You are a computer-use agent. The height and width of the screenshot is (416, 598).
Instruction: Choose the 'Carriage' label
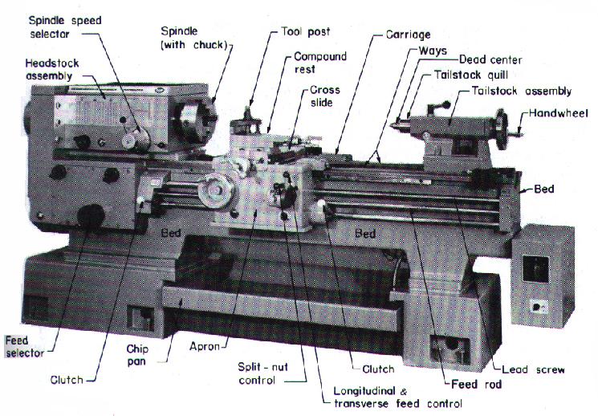[x=409, y=35]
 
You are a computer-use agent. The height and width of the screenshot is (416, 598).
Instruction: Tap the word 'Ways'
[x=433, y=51]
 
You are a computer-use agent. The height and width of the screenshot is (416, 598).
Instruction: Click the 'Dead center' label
[x=490, y=60]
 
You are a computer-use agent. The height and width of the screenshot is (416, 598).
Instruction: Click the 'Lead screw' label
[x=533, y=370]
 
